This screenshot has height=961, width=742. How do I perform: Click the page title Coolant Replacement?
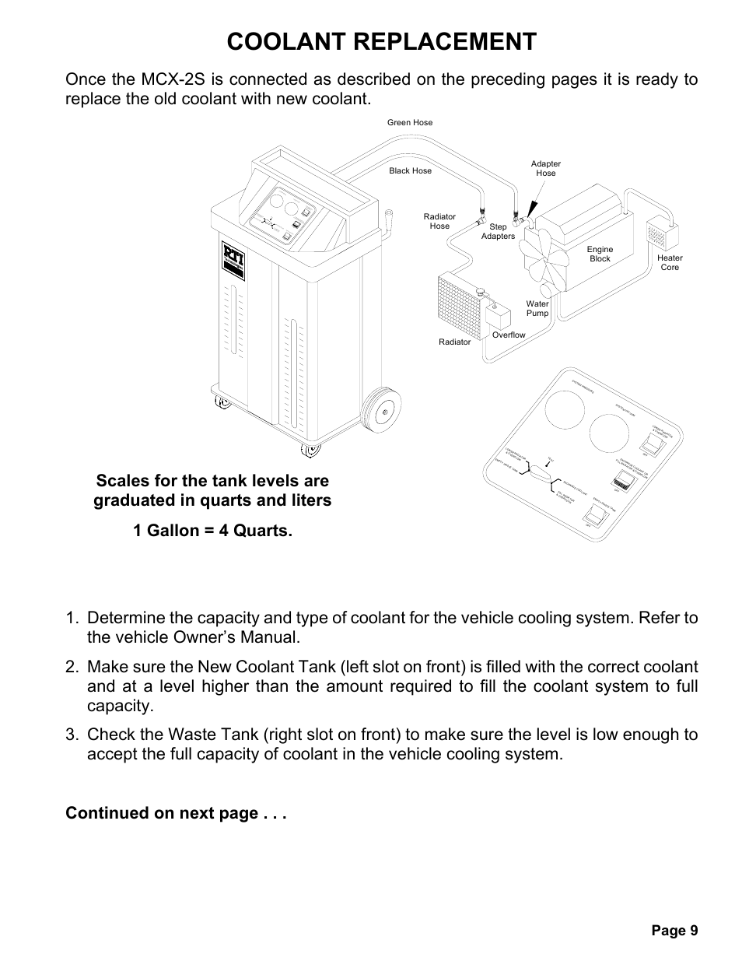click(x=382, y=41)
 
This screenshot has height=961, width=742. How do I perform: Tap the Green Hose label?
click(x=409, y=122)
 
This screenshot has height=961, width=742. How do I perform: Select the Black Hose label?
click(x=410, y=170)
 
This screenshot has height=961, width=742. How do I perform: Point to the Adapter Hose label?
click(x=545, y=168)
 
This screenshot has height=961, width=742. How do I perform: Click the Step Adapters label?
click(x=498, y=231)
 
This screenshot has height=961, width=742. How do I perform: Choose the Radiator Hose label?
click(x=439, y=221)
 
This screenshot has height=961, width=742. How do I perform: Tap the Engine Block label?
click(x=600, y=254)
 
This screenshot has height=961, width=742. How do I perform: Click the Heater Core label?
click(x=669, y=262)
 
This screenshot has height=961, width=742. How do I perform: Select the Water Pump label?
click(x=537, y=308)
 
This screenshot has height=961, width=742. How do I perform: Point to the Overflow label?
click(x=509, y=335)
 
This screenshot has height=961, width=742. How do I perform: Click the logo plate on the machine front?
click(x=233, y=261)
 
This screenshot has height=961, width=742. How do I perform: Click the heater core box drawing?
click(x=662, y=233)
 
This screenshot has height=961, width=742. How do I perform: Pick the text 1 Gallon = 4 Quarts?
click(x=212, y=531)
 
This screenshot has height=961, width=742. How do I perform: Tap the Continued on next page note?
click(x=176, y=813)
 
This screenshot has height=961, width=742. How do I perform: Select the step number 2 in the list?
click(x=72, y=667)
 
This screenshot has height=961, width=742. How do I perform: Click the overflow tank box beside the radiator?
click(x=497, y=316)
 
